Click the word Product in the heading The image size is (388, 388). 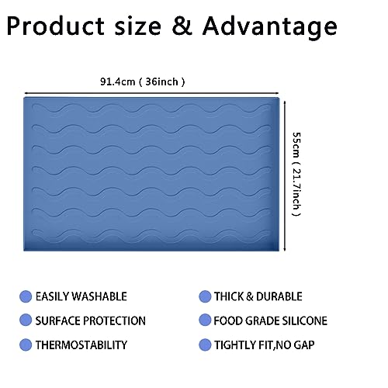56,26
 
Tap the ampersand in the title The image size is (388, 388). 182,26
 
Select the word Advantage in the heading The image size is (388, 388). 270,28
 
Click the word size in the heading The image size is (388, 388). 138,26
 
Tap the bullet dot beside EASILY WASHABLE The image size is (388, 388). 26,296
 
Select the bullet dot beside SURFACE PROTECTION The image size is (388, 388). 26,320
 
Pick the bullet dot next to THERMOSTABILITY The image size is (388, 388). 26,345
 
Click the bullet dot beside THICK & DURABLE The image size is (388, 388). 205,296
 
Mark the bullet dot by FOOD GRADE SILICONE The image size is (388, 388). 205,320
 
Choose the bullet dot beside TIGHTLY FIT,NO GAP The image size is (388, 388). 205,345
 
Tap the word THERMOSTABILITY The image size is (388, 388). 81,345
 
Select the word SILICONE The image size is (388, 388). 304,320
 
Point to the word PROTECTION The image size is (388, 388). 114,320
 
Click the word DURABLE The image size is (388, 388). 279,296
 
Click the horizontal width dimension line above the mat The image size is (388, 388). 151,93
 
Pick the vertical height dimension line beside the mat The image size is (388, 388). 285,176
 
